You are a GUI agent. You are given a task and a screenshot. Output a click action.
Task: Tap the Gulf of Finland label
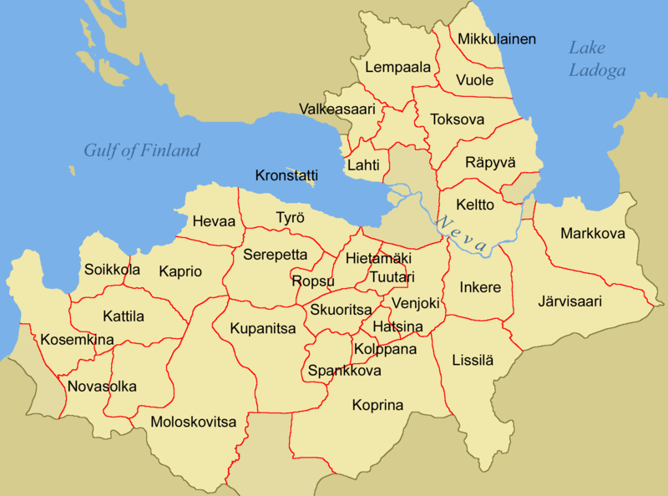(142, 150)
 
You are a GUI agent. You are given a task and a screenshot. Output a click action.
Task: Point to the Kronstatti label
(287, 176)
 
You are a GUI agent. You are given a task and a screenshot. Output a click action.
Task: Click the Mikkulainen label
(497, 39)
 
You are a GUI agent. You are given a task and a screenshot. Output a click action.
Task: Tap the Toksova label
(457, 120)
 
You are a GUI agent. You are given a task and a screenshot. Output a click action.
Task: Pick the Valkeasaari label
(337, 109)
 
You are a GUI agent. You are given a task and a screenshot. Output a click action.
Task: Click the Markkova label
(593, 234)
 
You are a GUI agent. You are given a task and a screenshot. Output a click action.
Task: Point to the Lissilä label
(473, 361)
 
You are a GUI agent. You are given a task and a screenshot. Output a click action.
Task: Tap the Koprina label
(377, 406)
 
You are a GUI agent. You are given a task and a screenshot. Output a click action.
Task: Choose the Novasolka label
(102, 387)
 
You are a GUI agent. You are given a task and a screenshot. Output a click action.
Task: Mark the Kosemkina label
(77, 340)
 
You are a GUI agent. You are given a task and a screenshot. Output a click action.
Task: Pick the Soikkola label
(112, 270)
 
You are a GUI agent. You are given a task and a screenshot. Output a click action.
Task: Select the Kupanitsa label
(263, 328)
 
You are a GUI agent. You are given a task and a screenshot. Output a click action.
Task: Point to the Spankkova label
(345, 370)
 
